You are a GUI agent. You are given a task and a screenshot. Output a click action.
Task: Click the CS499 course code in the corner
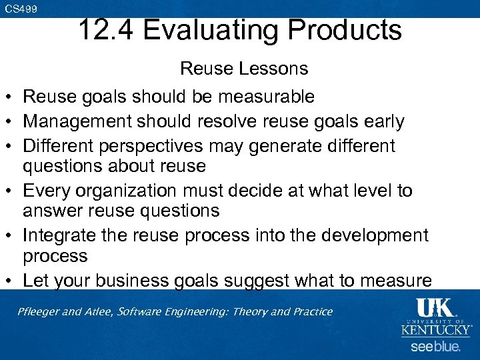[21, 9]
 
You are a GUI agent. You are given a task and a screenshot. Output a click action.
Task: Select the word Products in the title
[350, 30]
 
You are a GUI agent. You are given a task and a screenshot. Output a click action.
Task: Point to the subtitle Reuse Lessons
[244, 68]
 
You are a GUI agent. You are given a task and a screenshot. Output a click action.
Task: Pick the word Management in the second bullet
[69, 121]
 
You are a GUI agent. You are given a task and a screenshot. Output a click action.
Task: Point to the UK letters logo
[435, 307]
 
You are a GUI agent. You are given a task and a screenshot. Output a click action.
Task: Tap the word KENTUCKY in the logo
[436, 329]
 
